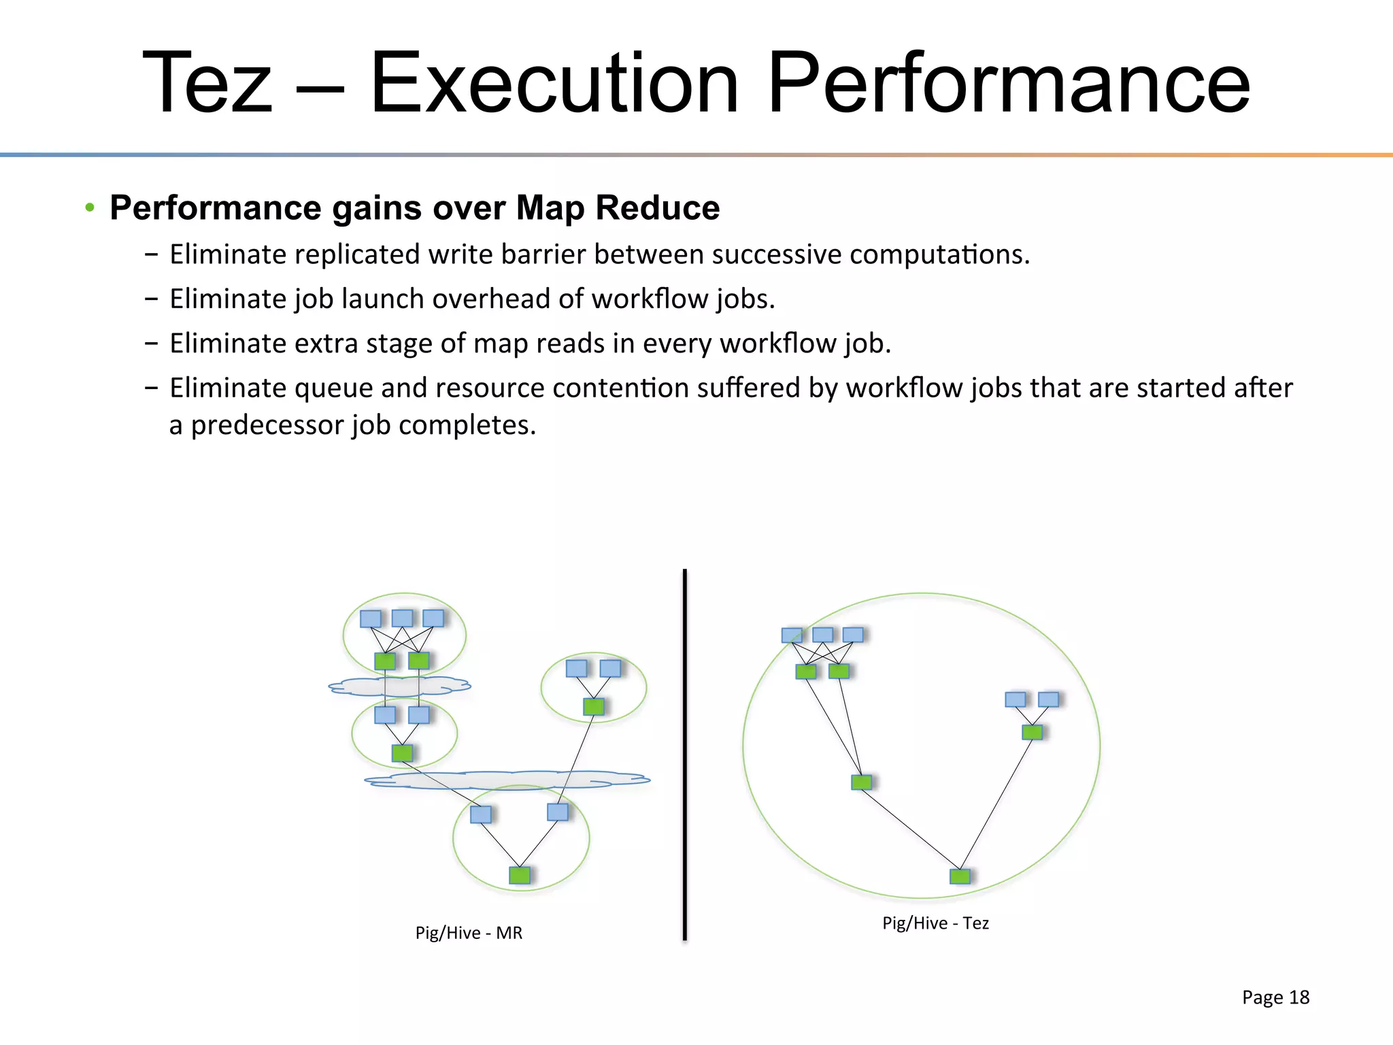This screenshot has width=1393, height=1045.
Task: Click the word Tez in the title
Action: pyautogui.click(x=207, y=84)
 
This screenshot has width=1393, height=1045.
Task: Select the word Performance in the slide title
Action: pyautogui.click(x=1008, y=84)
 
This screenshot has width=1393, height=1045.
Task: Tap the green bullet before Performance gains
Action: pyautogui.click(x=90, y=207)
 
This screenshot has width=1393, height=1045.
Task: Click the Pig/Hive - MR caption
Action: pyautogui.click(x=469, y=933)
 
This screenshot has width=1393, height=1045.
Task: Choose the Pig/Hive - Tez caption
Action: pyautogui.click(x=935, y=923)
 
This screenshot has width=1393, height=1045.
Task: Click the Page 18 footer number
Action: pyautogui.click(x=1275, y=997)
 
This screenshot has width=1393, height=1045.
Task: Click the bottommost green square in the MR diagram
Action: pyautogui.click(x=520, y=875)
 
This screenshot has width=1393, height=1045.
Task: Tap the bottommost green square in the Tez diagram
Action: pyautogui.click(x=960, y=876)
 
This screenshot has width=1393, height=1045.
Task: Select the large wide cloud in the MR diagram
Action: pyautogui.click(x=507, y=780)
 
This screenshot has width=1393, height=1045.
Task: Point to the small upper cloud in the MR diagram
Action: pyautogui.click(x=399, y=686)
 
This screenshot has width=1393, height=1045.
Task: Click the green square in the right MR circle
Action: pyautogui.click(x=594, y=706)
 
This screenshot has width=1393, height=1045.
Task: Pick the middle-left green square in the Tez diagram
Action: pyautogui.click(x=861, y=782)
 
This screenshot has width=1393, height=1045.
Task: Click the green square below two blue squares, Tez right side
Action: pyautogui.click(x=1032, y=732)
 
